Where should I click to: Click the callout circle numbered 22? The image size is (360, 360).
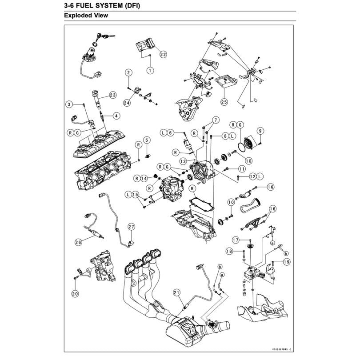(x=163, y=54)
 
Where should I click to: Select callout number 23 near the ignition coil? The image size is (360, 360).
(x=112, y=95)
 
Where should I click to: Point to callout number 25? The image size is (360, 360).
(x=224, y=102)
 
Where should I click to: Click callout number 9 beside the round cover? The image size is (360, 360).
(x=260, y=131)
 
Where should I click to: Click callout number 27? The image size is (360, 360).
(x=131, y=228)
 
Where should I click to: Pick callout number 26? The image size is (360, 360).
(x=78, y=242)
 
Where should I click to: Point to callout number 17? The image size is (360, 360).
(x=236, y=240)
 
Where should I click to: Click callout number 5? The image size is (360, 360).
(x=147, y=140)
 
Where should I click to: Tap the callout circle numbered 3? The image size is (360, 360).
(x=69, y=104)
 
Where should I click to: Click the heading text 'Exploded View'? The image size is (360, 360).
(x=86, y=16)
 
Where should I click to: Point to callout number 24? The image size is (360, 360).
(x=128, y=103)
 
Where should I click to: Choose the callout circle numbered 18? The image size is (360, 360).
(x=229, y=252)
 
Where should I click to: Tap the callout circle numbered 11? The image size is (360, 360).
(x=241, y=169)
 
